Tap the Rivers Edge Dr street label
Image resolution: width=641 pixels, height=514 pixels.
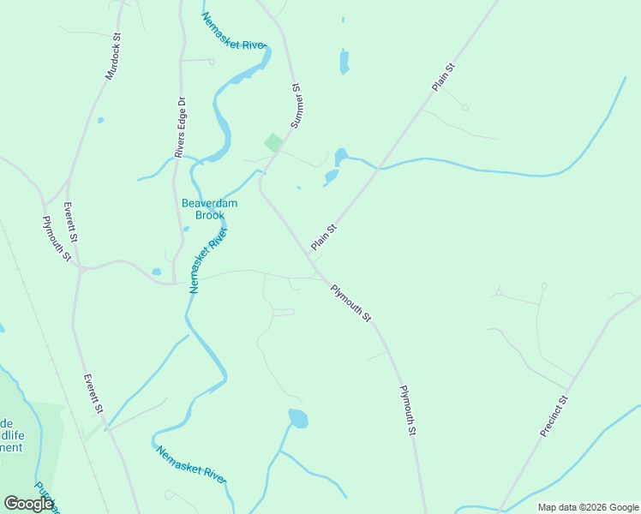[x=181, y=127]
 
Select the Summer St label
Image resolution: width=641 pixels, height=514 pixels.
[x=297, y=106]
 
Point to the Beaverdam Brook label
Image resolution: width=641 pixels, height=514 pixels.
[x=209, y=209]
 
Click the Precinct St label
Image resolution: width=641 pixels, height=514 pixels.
[x=554, y=415]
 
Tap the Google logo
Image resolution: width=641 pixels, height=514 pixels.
[x=28, y=504]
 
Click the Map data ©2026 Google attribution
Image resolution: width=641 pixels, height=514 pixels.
[x=588, y=507]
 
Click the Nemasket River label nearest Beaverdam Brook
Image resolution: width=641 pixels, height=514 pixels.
[x=208, y=260]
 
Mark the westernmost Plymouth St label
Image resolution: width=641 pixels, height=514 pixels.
[x=57, y=239]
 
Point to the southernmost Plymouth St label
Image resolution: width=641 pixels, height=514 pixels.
[x=407, y=411]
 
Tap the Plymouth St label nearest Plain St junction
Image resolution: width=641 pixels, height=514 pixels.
[x=351, y=303]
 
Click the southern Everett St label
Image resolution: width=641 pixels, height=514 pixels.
[x=93, y=395]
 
